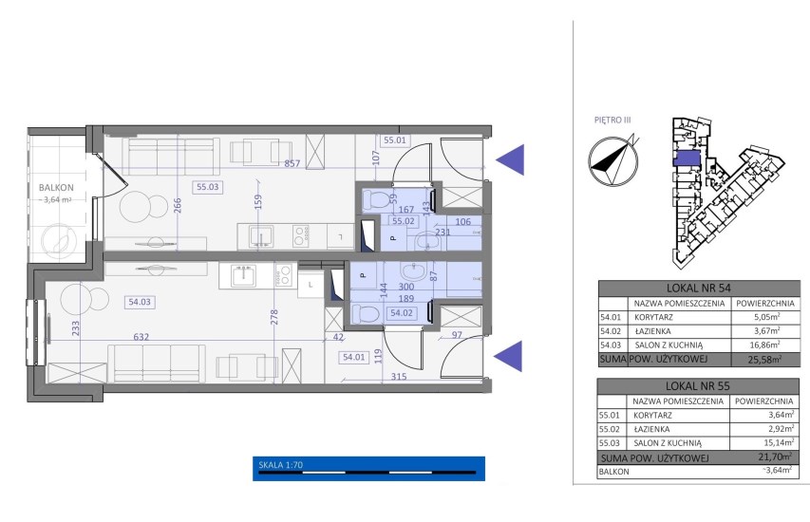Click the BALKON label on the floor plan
pyautogui.click(x=56, y=187)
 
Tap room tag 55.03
pyautogui.click(x=208, y=187)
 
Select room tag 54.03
pyautogui.click(x=140, y=302)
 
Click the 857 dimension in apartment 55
pyautogui.click(x=292, y=163)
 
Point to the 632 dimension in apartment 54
pyautogui.click(x=141, y=337)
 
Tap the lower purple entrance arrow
pyautogui.click(x=508, y=356)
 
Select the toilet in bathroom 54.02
pyautogui.click(x=364, y=313)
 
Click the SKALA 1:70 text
pyautogui.click(x=280, y=465)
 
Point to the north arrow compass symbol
pyautogui.click(x=613, y=160)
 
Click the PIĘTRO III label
pyautogui.click(x=612, y=120)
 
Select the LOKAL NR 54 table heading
pyautogui.click(x=699, y=289)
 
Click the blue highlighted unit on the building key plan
pyautogui.click(x=687, y=158)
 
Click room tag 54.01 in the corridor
pyautogui.click(x=354, y=357)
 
